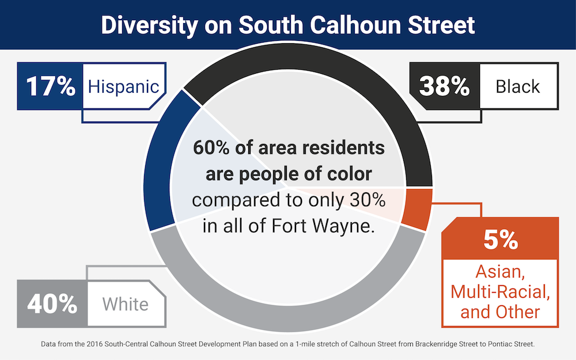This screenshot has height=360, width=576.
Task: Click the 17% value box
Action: pyautogui.click(x=51, y=86)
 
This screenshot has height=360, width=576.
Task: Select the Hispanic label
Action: pyautogui.click(x=123, y=86)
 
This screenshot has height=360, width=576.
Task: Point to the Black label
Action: pyautogui.click(x=518, y=86)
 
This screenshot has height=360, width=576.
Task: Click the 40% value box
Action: pyautogui.click(x=52, y=304)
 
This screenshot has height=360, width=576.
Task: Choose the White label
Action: pyautogui.click(x=125, y=304)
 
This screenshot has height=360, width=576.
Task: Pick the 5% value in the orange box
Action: pyautogui.click(x=500, y=238)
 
